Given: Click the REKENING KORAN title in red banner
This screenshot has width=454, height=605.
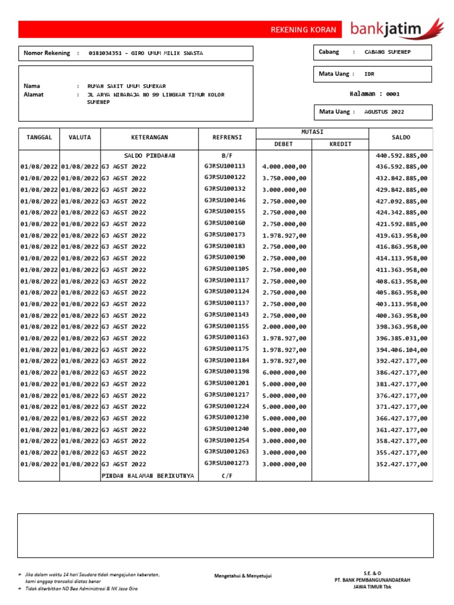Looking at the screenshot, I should (x=303, y=30).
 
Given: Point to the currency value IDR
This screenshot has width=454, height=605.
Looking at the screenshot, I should (x=369, y=74).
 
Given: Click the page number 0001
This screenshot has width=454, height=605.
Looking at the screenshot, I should (x=393, y=93).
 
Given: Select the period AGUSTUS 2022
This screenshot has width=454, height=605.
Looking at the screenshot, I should (x=385, y=112).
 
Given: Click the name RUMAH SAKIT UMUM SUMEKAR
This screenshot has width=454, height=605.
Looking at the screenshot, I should (x=127, y=86).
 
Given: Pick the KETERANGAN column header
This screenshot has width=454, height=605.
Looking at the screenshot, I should (x=150, y=137).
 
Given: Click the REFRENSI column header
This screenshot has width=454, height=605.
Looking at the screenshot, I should (x=227, y=137).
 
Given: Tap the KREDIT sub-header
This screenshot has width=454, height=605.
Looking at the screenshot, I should (x=340, y=144).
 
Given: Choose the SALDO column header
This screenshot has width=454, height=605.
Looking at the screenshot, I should (x=401, y=137).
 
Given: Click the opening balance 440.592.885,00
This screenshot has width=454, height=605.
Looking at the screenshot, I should (x=401, y=155).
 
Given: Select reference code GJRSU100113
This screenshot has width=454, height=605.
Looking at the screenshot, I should (x=225, y=167).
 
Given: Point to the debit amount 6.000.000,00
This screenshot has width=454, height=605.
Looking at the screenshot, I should (x=284, y=372).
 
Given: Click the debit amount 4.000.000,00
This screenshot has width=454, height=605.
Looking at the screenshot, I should (x=284, y=167).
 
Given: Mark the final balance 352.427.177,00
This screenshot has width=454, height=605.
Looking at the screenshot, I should (x=401, y=464).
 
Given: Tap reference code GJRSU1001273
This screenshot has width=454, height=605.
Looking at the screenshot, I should (x=227, y=464).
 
